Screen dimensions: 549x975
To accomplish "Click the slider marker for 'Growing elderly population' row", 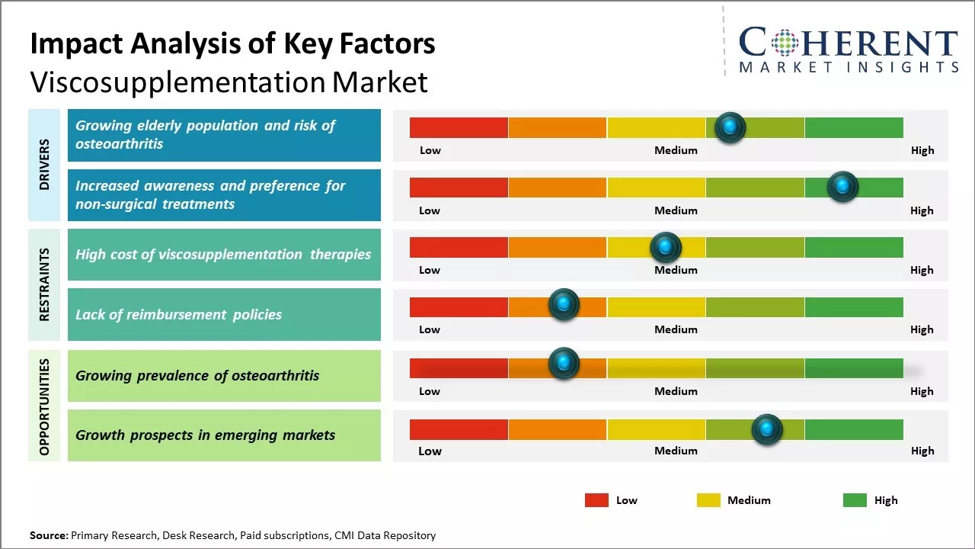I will click(730, 127).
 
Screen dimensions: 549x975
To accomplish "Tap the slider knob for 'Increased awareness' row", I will click(842, 186).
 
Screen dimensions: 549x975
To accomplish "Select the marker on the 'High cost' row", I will click(666, 247).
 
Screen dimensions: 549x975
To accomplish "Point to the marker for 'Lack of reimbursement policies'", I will click(564, 305).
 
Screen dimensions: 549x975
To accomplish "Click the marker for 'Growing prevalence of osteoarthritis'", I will click(564, 364).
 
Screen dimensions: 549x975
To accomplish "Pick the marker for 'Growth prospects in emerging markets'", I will click(767, 429).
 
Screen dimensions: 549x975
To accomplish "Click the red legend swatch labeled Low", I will click(596, 500).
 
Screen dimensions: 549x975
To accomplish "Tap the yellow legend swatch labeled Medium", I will click(708, 500).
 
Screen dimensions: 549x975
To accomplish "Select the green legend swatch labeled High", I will click(855, 500).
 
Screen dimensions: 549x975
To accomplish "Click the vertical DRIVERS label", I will click(44, 165).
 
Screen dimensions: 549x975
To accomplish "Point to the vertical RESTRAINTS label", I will click(44, 284).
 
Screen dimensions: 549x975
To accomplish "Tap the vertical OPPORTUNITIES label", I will click(44, 406).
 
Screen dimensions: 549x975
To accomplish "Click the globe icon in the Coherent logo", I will click(784, 43).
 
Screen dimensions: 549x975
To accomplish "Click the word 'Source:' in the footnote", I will click(49, 535).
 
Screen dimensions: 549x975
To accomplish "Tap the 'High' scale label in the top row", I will click(922, 150).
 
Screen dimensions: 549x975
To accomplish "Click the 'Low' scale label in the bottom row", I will click(430, 451).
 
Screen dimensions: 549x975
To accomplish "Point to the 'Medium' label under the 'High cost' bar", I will click(676, 270).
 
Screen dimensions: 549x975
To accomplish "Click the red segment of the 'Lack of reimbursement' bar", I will click(459, 307).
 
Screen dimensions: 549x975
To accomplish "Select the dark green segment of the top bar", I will click(854, 127).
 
